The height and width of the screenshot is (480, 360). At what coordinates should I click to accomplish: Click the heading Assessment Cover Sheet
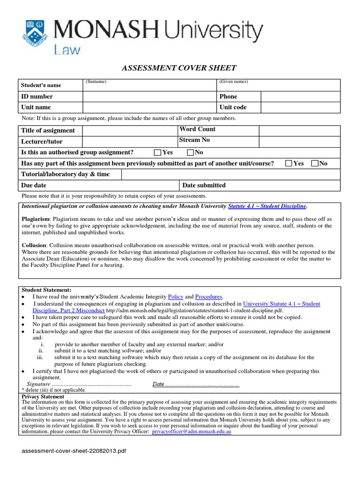click(x=179, y=68)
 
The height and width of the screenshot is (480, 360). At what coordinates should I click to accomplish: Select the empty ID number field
click(x=150, y=97)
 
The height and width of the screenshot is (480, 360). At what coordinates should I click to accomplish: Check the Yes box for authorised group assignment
click(x=157, y=152)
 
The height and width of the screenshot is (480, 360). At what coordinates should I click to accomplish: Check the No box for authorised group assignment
click(x=190, y=152)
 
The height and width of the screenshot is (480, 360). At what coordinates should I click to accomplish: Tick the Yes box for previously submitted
click(x=289, y=163)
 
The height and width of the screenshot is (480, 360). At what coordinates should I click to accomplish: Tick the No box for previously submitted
click(x=315, y=163)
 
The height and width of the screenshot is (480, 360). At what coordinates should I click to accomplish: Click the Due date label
click(x=34, y=186)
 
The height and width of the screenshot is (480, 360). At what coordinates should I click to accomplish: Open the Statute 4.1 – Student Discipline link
click(x=267, y=206)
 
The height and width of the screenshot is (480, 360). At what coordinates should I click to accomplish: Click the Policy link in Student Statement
click(x=175, y=297)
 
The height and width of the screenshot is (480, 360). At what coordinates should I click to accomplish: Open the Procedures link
click(x=209, y=297)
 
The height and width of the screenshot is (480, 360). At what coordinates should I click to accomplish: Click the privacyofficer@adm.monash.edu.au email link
click(x=191, y=432)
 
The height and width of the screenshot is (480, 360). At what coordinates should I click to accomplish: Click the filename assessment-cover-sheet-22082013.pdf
click(x=74, y=451)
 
